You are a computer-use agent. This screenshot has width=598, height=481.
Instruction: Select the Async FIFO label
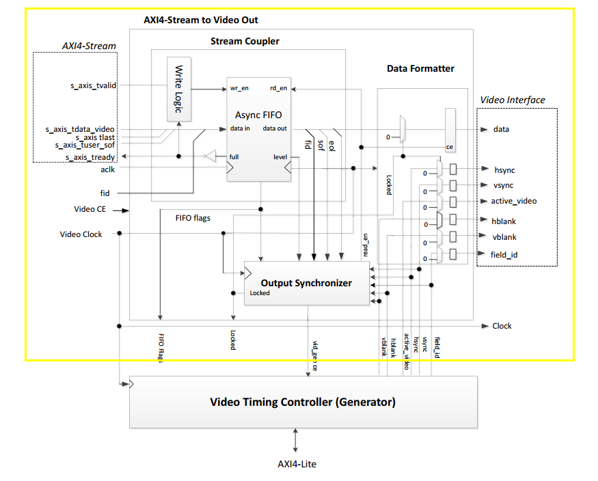pyautogui.click(x=258, y=114)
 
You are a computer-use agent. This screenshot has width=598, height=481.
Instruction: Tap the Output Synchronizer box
pyautogui.click(x=306, y=283)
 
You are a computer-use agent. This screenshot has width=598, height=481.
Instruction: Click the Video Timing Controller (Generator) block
pyautogui.click(x=303, y=402)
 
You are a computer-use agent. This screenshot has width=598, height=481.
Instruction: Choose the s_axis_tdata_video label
pyautogui.click(x=80, y=129)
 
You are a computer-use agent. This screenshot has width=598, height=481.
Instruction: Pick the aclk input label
pyautogui.click(x=107, y=169)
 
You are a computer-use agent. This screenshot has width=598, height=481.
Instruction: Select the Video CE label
pyautogui.click(x=90, y=209)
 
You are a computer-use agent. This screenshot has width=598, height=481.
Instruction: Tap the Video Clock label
pyautogui.click(x=81, y=234)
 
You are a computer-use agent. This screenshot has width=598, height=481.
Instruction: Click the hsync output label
pyautogui.click(x=504, y=169)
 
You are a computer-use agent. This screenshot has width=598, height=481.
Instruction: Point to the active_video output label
pyautogui.click(x=513, y=201)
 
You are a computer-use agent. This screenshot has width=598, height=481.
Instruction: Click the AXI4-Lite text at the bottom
pyautogui.click(x=297, y=464)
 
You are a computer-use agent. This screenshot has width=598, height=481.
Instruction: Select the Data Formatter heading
pyautogui.click(x=420, y=68)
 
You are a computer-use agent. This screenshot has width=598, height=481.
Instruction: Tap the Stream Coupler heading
pyautogui.click(x=245, y=41)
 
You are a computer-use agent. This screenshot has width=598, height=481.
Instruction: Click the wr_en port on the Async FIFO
pyautogui.click(x=239, y=88)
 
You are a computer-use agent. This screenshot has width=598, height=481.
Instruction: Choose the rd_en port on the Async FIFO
pyautogui.click(x=278, y=88)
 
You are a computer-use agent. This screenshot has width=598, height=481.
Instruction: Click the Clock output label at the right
pyautogui.click(x=502, y=326)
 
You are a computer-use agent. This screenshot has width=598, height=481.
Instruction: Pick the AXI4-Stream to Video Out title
pyautogui.click(x=201, y=20)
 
